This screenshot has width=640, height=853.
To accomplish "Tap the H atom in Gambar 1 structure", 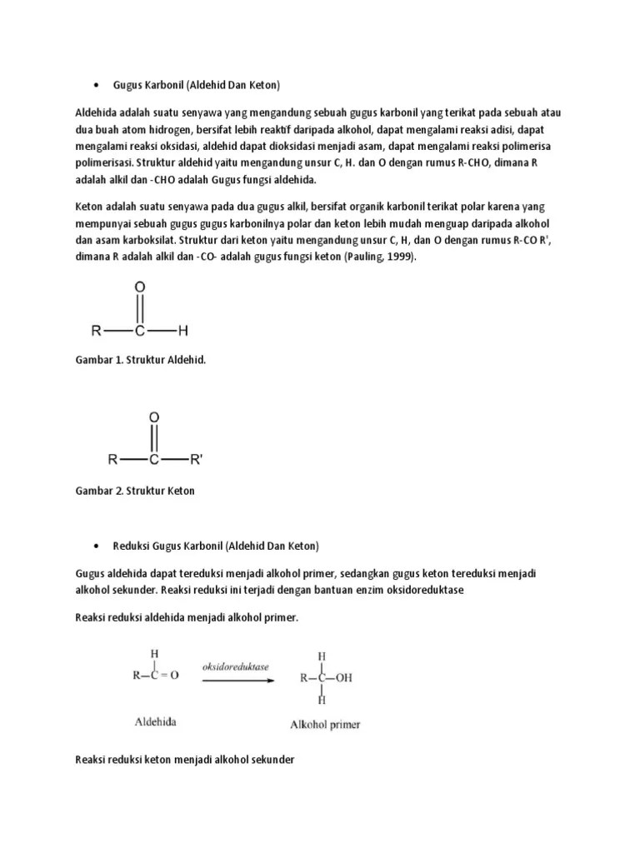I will point(183,331).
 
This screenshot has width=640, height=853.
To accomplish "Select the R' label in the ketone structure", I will point(196,459).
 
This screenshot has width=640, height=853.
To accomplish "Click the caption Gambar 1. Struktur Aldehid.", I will point(140,362).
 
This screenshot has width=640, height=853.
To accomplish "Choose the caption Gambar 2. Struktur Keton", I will point(135,491).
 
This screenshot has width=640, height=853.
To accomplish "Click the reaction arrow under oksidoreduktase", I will point(237,680).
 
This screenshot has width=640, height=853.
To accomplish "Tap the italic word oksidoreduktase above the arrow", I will point(237,667).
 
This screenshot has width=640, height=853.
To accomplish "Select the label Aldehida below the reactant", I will point(156,723).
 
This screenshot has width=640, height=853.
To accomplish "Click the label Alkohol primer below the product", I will point(325,725).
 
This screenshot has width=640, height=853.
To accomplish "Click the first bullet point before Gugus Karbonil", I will point(97,85).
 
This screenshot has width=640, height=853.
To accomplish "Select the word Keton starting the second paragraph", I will point(90,206).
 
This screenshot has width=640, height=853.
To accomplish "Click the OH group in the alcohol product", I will point(343,678).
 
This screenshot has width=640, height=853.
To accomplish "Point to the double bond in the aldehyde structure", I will point(140,309).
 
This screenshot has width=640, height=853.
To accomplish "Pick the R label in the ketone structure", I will point(112,459).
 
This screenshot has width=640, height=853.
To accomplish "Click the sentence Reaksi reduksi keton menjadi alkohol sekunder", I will point(185,761).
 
